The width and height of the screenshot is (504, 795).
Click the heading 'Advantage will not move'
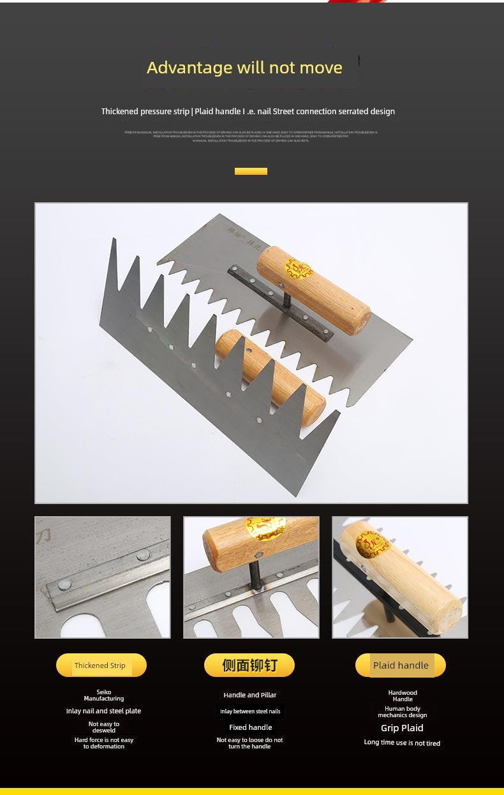pyautogui.click(x=244, y=68)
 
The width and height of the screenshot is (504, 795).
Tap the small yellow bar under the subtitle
pyautogui.click(x=251, y=171)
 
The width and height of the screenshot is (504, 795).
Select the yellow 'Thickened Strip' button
pyautogui.click(x=101, y=665)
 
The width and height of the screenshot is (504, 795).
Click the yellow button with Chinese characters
pyautogui.click(x=249, y=665)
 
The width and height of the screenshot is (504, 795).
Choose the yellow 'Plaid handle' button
pyautogui.click(x=401, y=665)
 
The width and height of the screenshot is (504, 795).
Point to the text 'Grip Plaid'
pyautogui.click(x=402, y=728)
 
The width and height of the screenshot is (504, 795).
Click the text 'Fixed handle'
pyautogui.click(x=250, y=727)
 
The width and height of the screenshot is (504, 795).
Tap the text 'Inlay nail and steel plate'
pyautogui.click(x=103, y=711)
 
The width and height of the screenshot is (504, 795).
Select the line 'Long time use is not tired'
pyautogui.click(x=402, y=743)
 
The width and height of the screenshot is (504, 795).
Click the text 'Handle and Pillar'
pyautogui.click(x=250, y=695)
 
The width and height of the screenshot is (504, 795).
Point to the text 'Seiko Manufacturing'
pyautogui.click(x=103, y=695)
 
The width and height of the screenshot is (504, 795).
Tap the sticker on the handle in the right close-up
pyautogui.click(x=372, y=544)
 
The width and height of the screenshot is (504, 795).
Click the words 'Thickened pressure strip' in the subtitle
pyautogui.click(x=145, y=112)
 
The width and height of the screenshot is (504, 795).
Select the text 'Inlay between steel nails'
pyautogui.click(x=250, y=711)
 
